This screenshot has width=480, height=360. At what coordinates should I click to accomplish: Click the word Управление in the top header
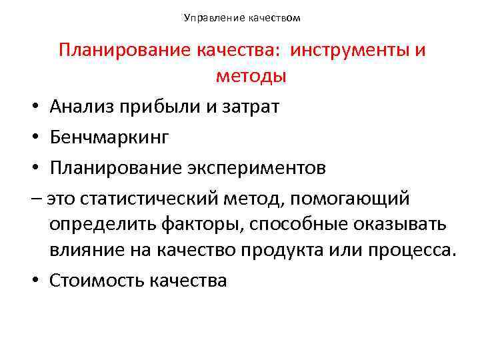[208, 18]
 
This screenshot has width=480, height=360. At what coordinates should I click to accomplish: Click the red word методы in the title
[251, 76]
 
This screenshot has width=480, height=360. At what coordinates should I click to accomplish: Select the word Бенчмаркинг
[109, 137]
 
